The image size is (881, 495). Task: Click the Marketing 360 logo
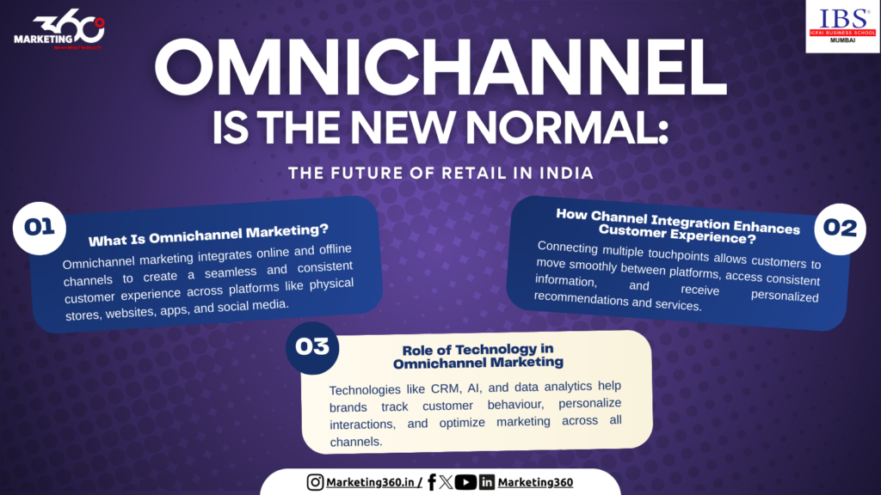pyautogui.click(x=59, y=33)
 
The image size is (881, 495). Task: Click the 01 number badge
pyautogui.click(x=40, y=228)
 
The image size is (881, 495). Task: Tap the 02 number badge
pyautogui.click(x=840, y=227)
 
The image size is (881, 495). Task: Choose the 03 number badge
pyautogui.click(x=312, y=347)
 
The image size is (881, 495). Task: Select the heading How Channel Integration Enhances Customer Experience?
pyautogui.click(x=678, y=222)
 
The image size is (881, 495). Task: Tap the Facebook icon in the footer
pyautogui.click(x=431, y=482)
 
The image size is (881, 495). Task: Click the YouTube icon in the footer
pyautogui.click(x=465, y=482)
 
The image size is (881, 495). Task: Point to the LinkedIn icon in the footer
pyautogui.click(x=487, y=482)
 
